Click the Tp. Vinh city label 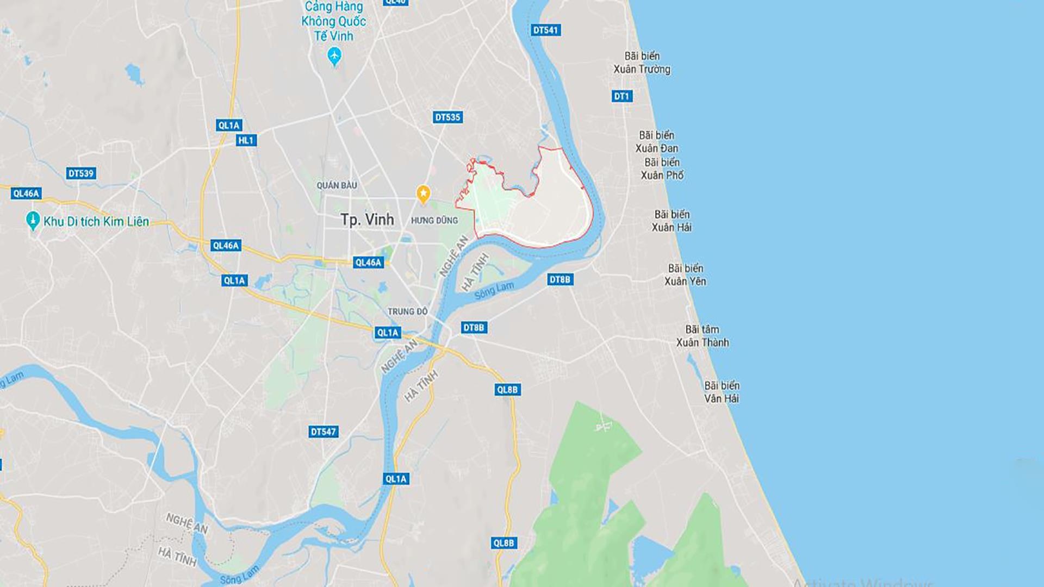tap(367, 220)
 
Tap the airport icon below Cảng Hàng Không tap(334, 55)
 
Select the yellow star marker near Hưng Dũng tap(423, 193)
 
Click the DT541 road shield tap(545, 30)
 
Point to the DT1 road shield tap(622, 97)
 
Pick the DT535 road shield tap(448, 117)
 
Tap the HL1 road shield tap(246, 141)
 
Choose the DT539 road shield tap(81, 173)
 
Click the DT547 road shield tap(324, 432)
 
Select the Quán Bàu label tap(337, 185)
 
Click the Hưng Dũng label tap(434, 220)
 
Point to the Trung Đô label tap(407, 311)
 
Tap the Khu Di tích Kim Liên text tap(96, 222)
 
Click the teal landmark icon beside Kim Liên tap(33, 220)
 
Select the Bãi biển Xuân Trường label tap(642, 63)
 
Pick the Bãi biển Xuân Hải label tap(672, 221)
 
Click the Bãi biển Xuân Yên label tap(686, 274)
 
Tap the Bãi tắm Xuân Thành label tap(703, 336)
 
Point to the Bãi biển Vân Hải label tap(722, 392)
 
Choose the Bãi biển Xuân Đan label tap(657, 141)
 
